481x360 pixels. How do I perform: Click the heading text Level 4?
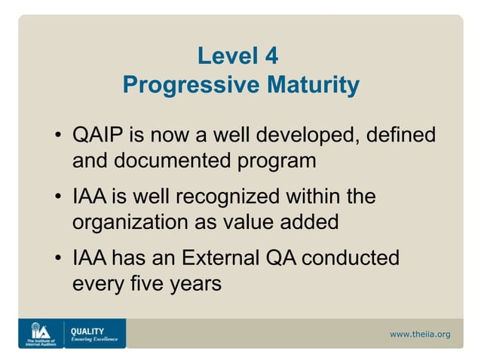[x=240, y=56]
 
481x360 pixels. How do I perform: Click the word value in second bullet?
[x=244, y=223]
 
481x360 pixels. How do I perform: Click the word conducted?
[x=351, y=259]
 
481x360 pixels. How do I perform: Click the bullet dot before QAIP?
[x=58, y=138]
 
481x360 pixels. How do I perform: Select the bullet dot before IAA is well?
[x=58, y=199]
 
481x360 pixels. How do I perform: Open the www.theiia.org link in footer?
[x=419, y=334]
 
